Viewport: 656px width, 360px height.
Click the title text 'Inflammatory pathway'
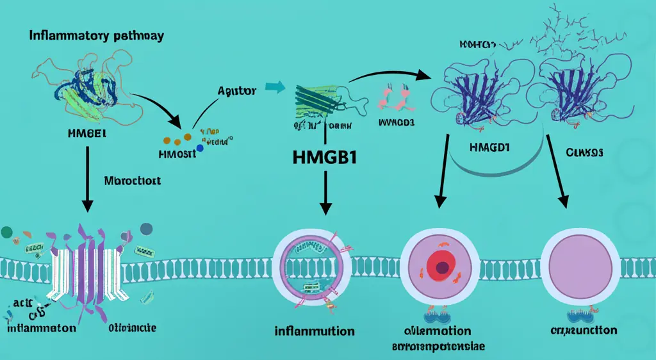96,35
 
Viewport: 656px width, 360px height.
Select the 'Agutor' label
238,91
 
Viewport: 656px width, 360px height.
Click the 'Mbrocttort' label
131,181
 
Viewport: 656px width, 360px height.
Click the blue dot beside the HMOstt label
201,149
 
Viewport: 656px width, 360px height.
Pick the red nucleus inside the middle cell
439,264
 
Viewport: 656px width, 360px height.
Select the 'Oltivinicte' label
130,328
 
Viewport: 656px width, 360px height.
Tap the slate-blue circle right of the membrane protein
146,228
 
